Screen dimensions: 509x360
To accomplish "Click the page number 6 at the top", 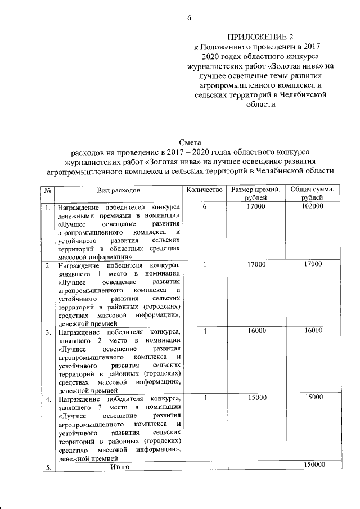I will tap(189, 17).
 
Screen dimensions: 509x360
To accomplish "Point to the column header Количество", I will tap(204, 191).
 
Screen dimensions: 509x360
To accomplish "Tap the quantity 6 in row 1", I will tap(205, 207).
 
